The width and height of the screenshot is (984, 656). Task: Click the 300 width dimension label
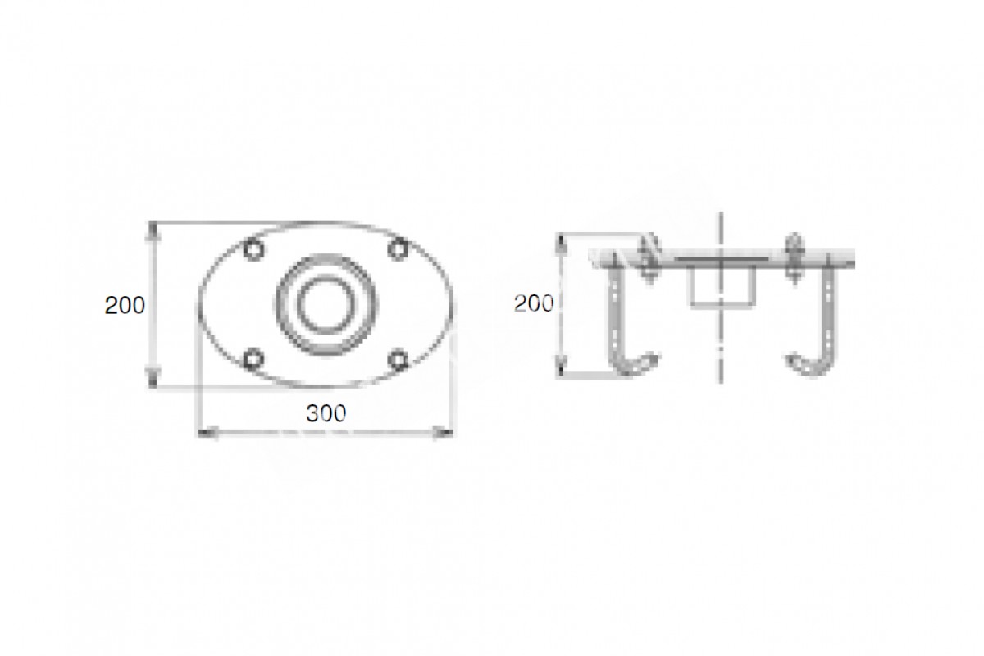326,413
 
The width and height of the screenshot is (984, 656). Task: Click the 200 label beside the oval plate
125,305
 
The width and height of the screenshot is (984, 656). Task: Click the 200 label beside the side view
534,303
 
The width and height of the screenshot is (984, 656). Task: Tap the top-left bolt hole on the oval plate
253,250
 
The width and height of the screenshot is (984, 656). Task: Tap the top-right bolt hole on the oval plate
398,249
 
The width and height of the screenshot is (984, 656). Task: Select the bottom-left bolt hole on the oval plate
253,359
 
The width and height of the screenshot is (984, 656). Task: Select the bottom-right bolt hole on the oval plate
399,359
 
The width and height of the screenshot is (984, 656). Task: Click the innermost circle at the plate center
326,304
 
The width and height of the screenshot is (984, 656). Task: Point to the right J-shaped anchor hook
828,317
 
